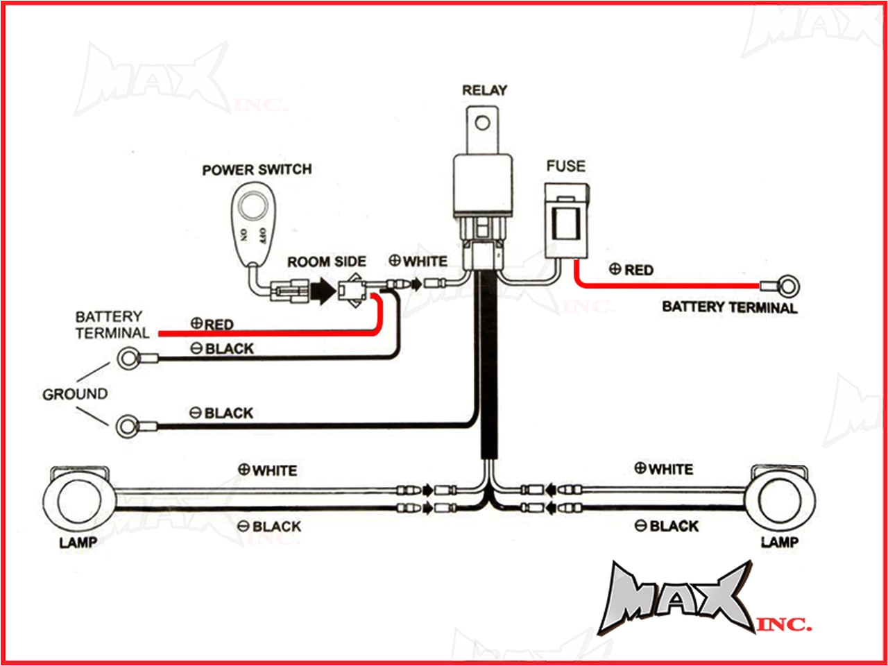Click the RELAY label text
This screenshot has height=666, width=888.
pos(484,90)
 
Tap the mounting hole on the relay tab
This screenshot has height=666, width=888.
pos(483,123)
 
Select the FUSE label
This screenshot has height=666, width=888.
pos(565,166)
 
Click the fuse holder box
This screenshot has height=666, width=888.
pos(567,220)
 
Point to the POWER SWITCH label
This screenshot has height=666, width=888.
pos(257,170)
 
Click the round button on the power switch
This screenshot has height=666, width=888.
pos(253,206)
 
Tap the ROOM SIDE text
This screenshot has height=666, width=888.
pos(327,262)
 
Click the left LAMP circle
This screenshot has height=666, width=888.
pos(76,499)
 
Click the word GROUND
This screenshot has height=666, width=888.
pos(75,394)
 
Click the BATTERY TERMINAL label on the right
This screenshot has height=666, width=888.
pos(729,307)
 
